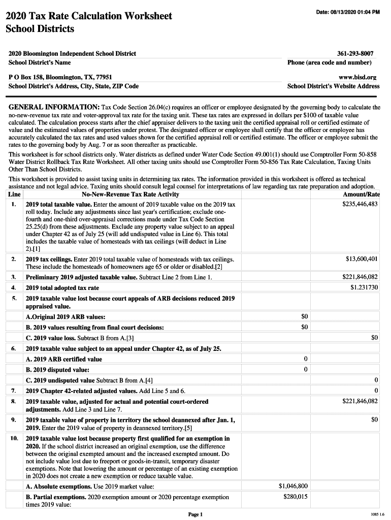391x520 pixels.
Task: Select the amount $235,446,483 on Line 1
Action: click(x=360, y=204)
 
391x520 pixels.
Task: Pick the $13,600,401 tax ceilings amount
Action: click(x=362, y=259)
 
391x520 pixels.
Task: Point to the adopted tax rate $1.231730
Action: click(x=364, y=287)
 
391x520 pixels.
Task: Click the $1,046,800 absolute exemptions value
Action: click(x=294, y=486)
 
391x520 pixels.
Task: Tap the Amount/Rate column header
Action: click(x=362, y=194)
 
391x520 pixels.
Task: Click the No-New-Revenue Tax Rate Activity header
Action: click(x=130, y=194)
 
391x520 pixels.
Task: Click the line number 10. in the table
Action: click(x=14, y=438)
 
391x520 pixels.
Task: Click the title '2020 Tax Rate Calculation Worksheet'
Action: click(x=89, y=16)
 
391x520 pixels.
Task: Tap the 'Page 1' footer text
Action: click(x=195, y=514)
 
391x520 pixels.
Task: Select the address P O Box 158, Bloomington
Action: click(x=60, y=77)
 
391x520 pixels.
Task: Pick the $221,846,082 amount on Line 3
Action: click(x=360, y=277)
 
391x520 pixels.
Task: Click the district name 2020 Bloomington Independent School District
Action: click(x=73, y=53)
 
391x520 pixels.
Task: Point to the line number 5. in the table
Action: click(x=14, y=298)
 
